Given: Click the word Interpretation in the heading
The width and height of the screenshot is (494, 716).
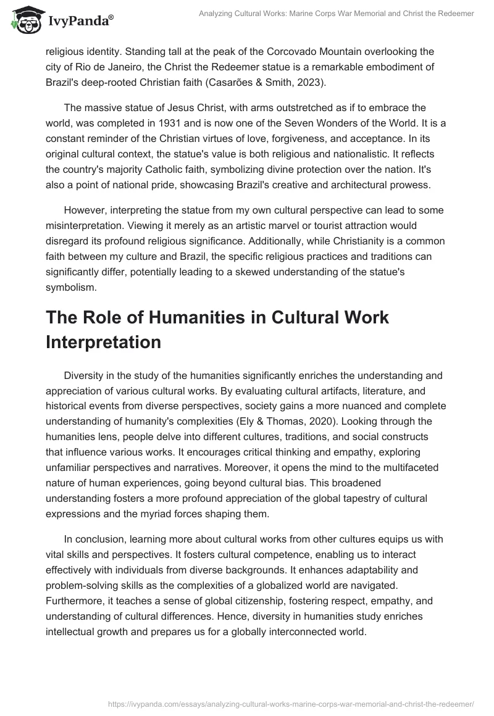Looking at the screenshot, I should [103, 342].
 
